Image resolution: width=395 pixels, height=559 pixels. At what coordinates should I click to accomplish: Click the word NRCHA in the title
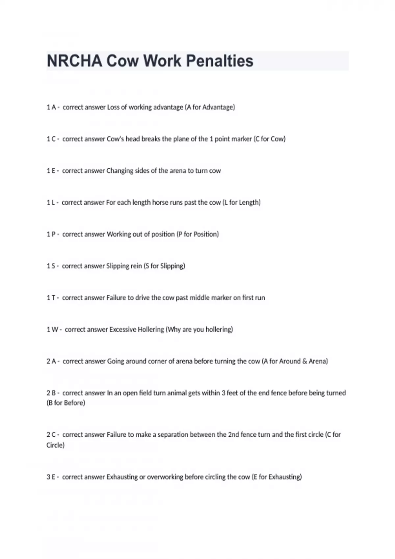[x=74, y=61]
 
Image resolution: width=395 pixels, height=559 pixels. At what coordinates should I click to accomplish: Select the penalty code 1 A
[x=51, y=107]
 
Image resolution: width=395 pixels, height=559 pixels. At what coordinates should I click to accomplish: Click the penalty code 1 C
[x=51, y=139]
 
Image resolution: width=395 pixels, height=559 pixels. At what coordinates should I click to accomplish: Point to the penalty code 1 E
[x=51, y=171]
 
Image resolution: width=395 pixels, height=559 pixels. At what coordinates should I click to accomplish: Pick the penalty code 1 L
[x=51, y=203]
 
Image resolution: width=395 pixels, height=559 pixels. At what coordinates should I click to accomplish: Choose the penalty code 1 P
[x=51, y=234]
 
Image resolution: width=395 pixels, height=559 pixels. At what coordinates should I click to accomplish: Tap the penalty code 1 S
[x=51, y=266]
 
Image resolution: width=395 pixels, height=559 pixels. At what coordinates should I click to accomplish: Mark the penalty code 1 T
[x=51, y=298]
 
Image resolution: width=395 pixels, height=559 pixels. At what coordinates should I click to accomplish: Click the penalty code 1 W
[x=52, y=329]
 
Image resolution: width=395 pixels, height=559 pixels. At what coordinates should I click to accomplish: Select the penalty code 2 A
[x=51, y=361]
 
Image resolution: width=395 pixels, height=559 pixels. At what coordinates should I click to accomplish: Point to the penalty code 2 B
[x=51, y=393]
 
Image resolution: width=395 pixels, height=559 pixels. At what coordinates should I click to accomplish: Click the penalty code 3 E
[x=51, y=477]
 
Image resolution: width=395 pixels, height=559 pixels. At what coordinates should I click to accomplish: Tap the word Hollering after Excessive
[x=151, y=329]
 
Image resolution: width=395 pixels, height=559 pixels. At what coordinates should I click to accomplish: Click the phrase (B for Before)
[x=66, y=403]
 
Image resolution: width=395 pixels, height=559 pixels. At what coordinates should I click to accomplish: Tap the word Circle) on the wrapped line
[x=56, y=445]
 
